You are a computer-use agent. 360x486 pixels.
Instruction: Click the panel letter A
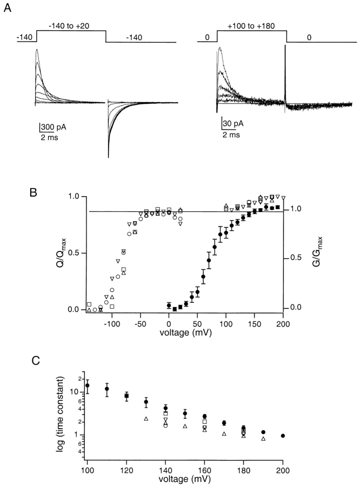coord(8,9)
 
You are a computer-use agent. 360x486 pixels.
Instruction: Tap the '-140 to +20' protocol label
coord(70,25)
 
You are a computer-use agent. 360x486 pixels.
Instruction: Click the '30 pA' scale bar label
coord(234,123)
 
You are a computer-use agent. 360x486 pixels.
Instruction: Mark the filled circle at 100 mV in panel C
coord(88,385)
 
